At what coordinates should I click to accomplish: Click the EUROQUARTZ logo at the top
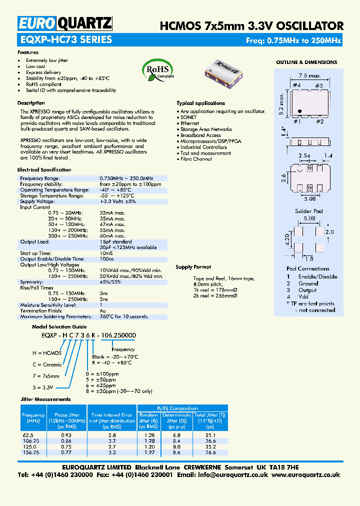(x=65, y=23)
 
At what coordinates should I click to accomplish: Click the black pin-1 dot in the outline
(x=299, y=111)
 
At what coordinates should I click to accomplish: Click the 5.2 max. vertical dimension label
(x=282, y=103)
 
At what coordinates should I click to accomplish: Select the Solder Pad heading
(x=309, y=211)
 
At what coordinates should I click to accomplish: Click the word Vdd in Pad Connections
(x=304, y=296)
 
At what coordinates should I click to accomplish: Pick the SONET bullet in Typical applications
(x=188, y=117)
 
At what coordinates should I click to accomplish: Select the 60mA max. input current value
(x=112, y=235)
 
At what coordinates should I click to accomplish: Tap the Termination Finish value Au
(x=103, y=310)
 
